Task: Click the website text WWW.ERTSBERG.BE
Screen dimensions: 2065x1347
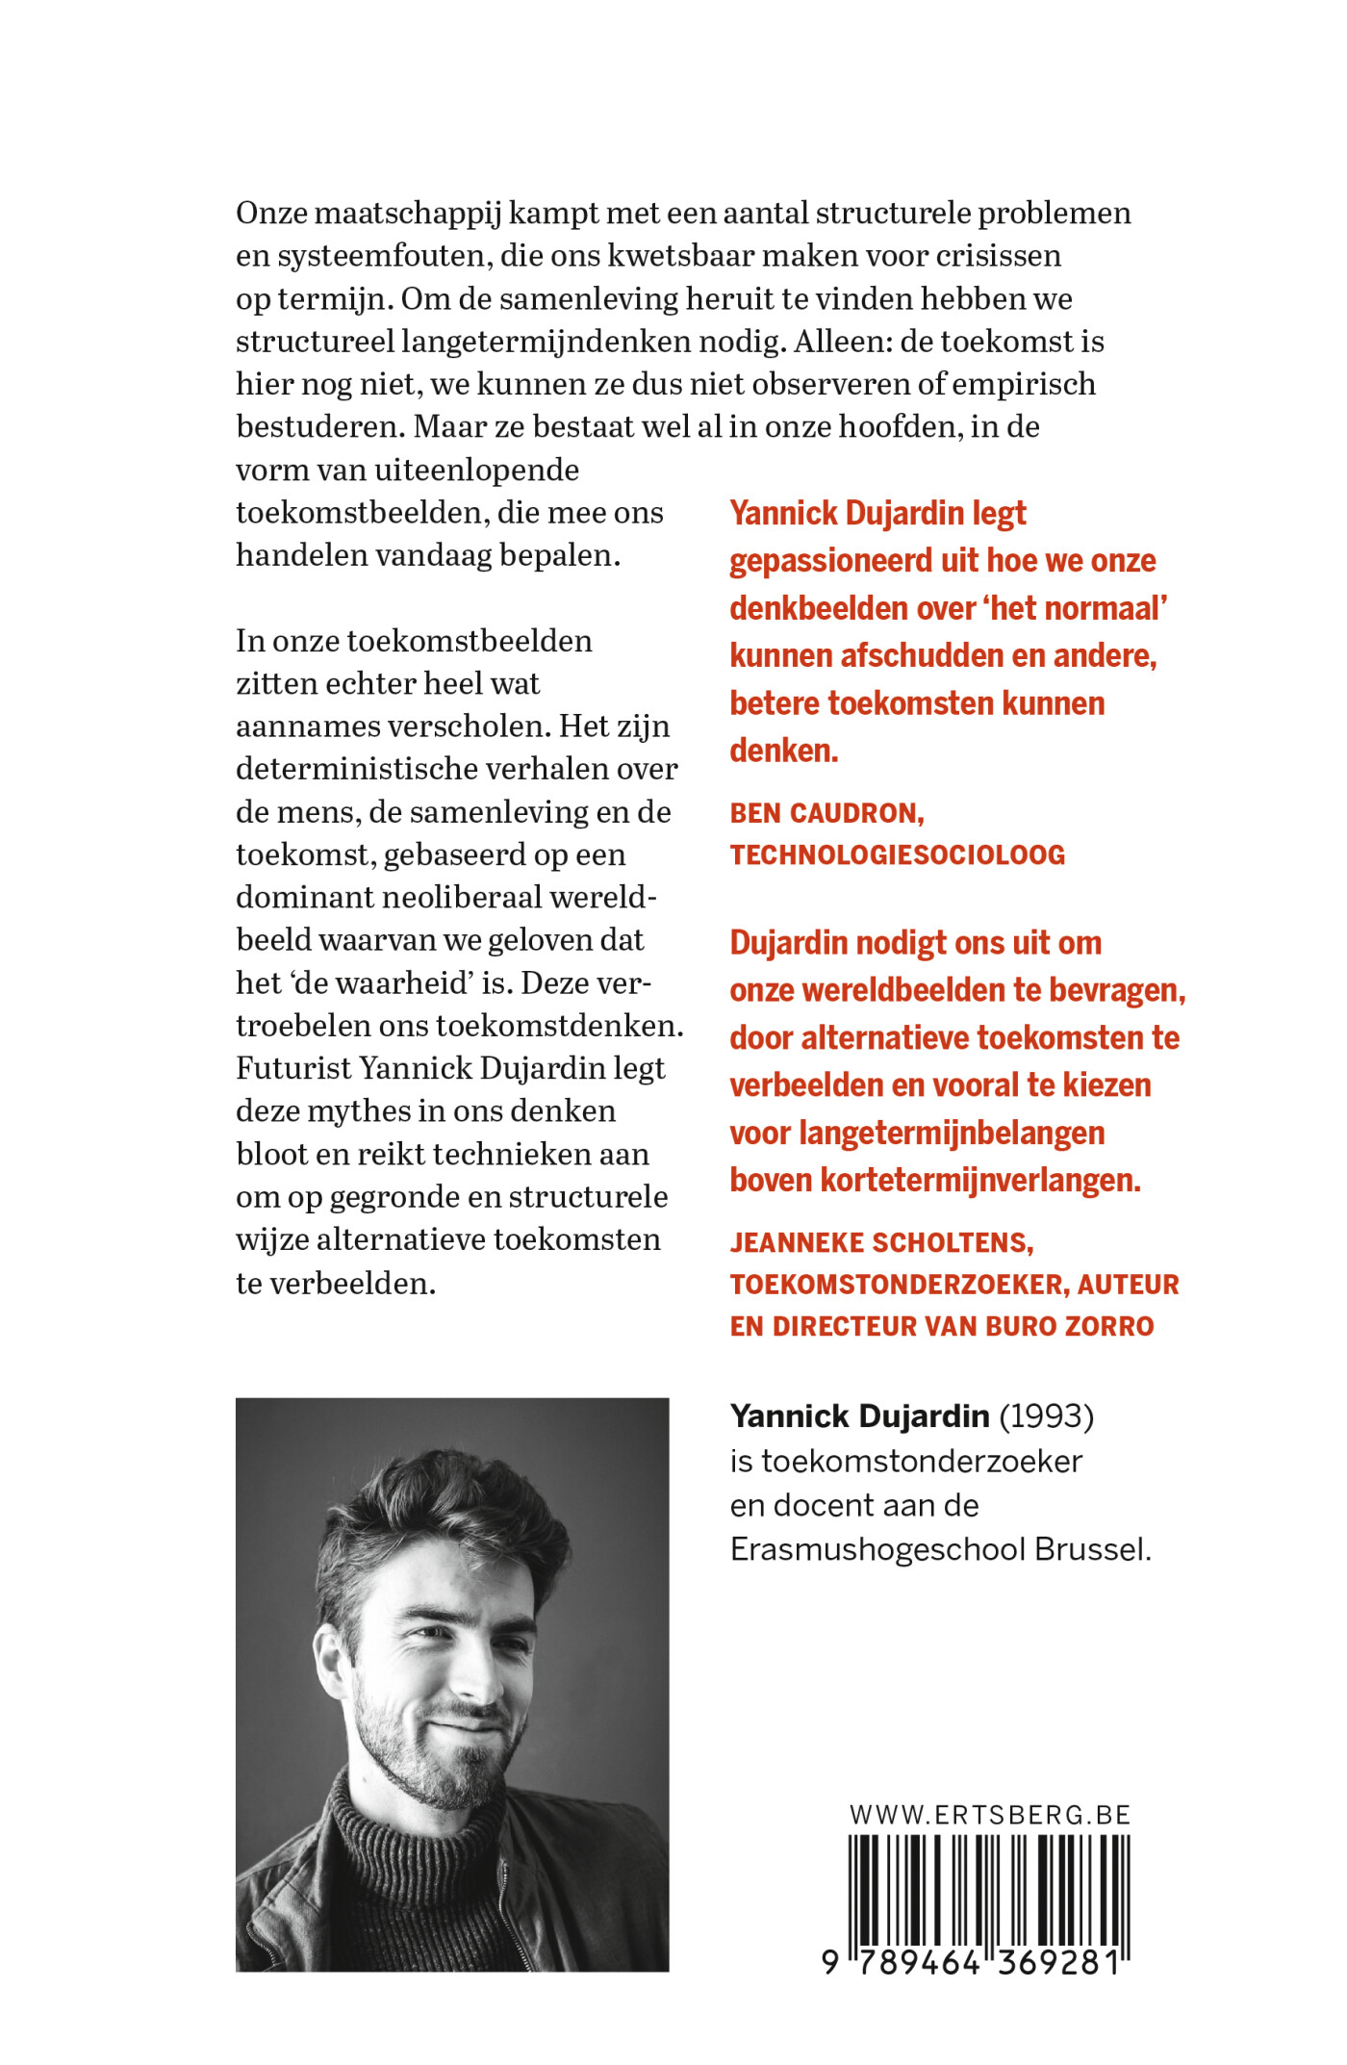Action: (989, 1815)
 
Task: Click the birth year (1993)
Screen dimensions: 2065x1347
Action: (1046, 1416)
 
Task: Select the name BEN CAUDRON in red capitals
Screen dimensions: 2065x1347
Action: (826, 813)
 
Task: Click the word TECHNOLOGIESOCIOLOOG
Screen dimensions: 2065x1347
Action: (897, 854)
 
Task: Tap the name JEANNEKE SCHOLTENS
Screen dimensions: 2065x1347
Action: (880, 1242)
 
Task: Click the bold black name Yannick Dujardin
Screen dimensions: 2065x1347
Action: (859, 1416)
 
